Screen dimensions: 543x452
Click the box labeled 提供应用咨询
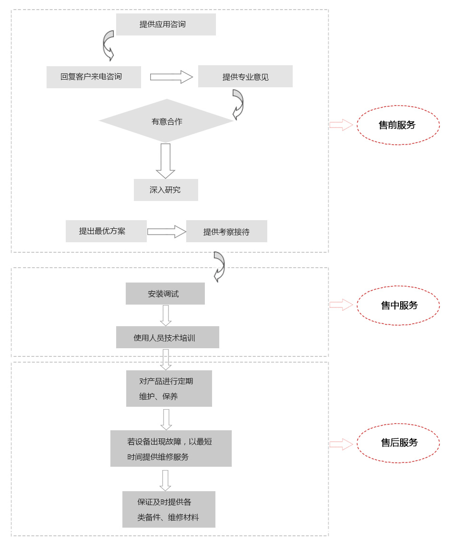point(166,24)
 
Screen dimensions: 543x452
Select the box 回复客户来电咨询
point(94,77)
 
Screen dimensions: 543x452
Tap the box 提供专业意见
point(245,77)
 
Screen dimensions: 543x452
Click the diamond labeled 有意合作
point(167,121)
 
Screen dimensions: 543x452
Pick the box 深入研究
point(166,190)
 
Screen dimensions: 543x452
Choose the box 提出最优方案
point(106,231)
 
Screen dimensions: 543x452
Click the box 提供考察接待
point(226,232)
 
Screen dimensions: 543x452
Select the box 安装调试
point(165,294)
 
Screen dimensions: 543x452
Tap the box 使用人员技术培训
point(167,338)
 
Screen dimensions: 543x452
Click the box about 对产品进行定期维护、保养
point(169,389)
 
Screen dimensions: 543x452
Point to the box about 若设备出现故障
point(171,449)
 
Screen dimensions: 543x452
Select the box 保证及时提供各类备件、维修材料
point(168,509)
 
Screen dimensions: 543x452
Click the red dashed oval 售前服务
point(398,125)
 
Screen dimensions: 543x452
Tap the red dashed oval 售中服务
point(398,306)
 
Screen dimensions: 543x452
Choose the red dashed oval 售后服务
point(398,443)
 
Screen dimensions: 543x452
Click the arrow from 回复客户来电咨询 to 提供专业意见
point(171,77)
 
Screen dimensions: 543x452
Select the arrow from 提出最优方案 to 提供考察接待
point(167,232)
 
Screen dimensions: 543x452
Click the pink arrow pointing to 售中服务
point(341,305)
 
